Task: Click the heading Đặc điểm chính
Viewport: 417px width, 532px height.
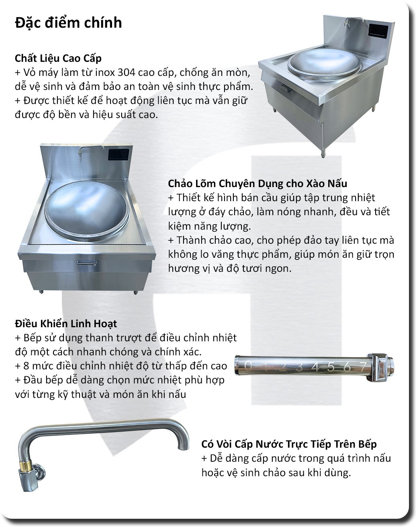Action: tap(68, 23)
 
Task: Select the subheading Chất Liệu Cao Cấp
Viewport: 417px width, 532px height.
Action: tap(58, 59)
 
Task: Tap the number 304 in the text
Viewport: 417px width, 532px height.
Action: tap(127, 72)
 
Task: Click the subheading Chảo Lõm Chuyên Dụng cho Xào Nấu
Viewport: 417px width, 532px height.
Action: tap(258, 184)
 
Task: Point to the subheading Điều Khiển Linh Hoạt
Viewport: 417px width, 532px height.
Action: tap(66, 324)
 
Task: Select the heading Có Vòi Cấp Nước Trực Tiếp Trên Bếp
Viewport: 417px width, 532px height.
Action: tap(289, 444)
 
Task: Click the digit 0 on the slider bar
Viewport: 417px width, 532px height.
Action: tap(248, 366)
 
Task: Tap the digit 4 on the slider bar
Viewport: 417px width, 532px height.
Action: tap(316, 367)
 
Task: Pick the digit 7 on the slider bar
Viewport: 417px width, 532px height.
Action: tap(364, 367)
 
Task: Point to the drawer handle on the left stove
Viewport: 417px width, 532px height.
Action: tap(87, 263)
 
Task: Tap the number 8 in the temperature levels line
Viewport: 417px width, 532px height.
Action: tap(26, 366)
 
